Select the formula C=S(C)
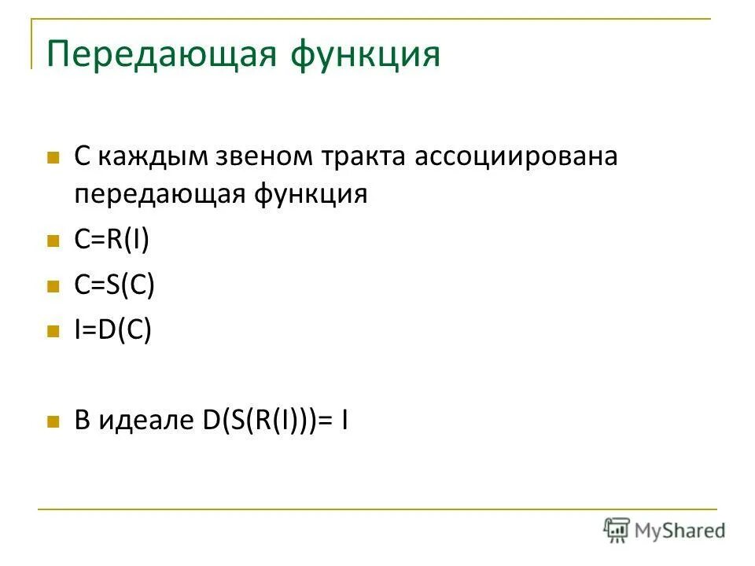click(114, 285)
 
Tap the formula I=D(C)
click(112, 330)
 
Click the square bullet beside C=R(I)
click(53, 240)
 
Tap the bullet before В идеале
click(53, 422)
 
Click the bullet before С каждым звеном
click(53, 157)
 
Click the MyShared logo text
click(679, 530)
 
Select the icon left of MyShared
click(617, 530)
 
